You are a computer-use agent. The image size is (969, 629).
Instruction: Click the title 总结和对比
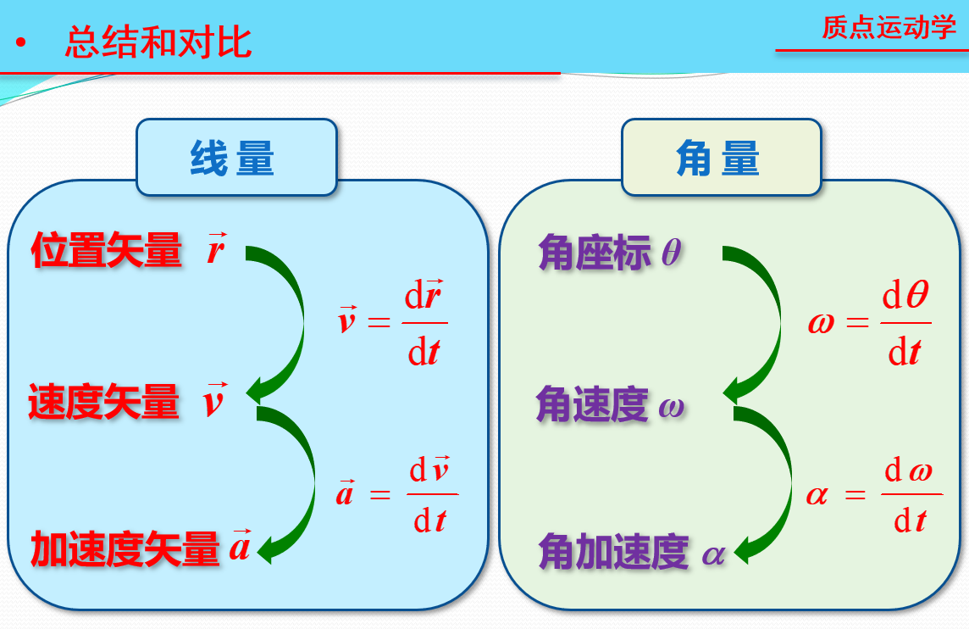[x=158, y=42]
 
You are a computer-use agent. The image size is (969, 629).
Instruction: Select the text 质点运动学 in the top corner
[x=889, y=27]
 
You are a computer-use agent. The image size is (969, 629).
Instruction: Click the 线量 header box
[x=236, y=158]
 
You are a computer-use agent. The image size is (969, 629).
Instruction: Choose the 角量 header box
[x=721, y=158]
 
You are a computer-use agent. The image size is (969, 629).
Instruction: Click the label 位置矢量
[x=107, y=251]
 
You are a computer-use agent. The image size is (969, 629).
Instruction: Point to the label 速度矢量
[x=104, y=402]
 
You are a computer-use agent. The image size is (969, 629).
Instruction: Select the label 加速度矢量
[x=125, y=549]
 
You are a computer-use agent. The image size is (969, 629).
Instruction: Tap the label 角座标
[x=595, y=253]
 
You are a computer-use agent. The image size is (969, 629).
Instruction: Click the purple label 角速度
[x=592, y=405]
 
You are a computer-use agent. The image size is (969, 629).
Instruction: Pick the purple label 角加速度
[x=613, y=553]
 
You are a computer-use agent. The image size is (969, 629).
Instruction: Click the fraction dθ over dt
[x=905, y=323]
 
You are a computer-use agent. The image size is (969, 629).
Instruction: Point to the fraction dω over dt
[x=911, y=494]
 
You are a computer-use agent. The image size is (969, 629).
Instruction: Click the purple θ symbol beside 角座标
[x=671, y=253]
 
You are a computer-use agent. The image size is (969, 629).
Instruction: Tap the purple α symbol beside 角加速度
[x=714, y=554]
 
